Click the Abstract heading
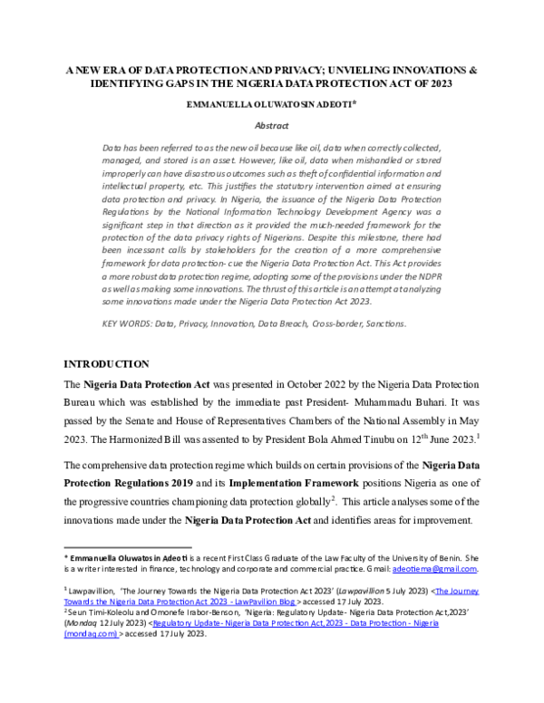(271, 126)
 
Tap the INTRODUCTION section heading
(106, 363)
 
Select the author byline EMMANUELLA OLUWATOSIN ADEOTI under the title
(268, 105)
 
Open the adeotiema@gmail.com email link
(433, 569)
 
